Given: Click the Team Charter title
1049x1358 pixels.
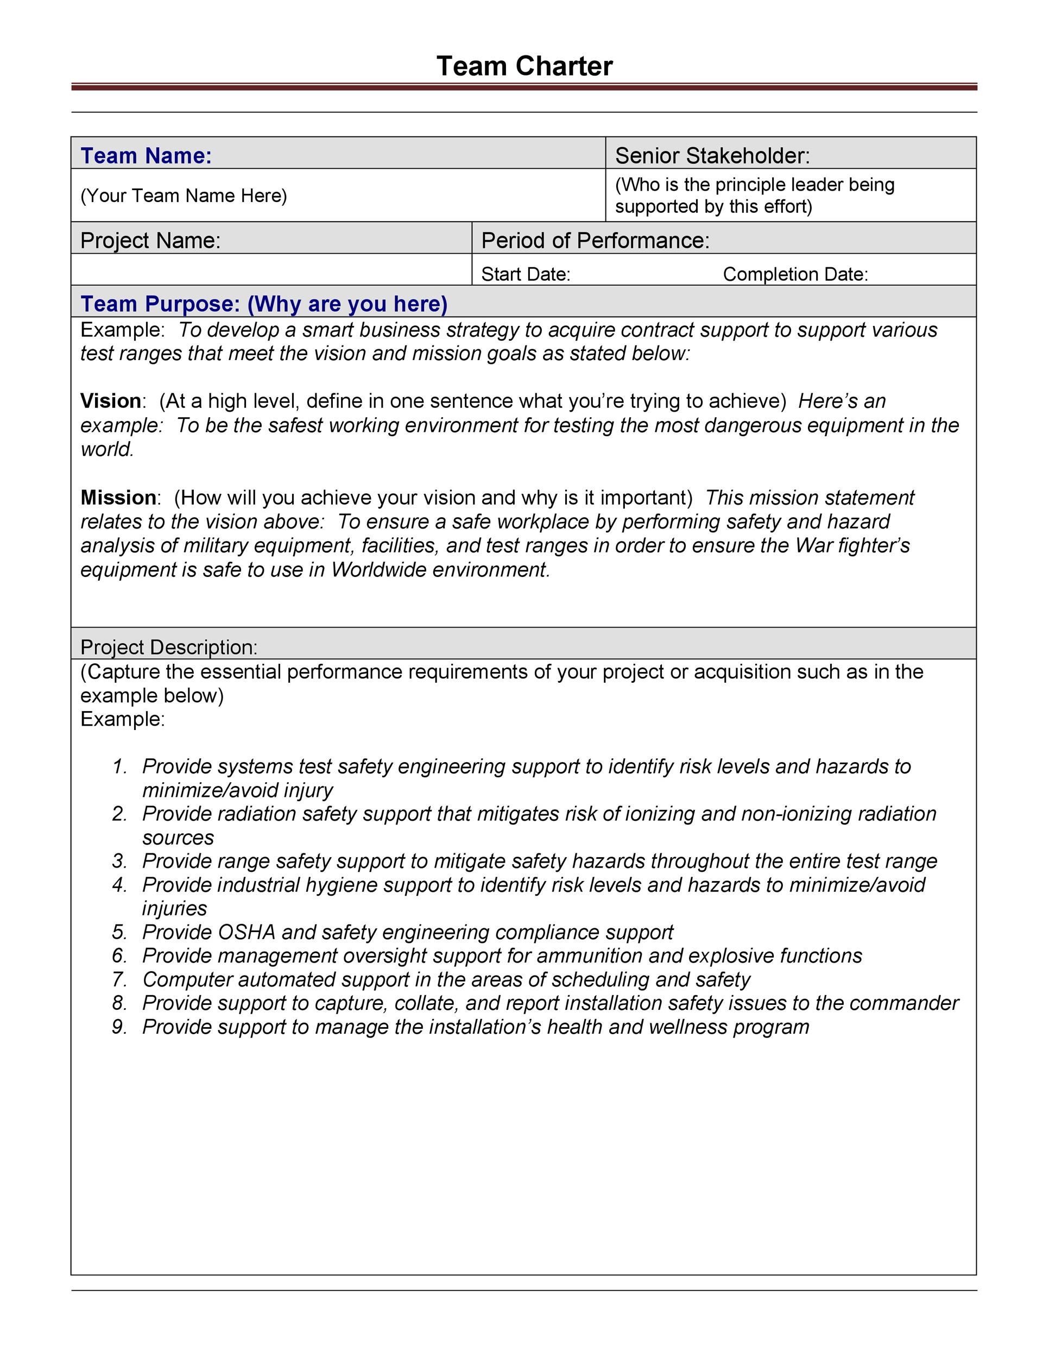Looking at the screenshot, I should click(524, 66).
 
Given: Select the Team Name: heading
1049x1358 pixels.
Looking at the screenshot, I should click(146, 155).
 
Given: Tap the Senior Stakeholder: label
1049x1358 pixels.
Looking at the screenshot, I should click(712, 155).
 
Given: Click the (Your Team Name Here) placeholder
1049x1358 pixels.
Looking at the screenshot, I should click(184, 196).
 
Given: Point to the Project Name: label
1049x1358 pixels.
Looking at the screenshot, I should click(150, 241).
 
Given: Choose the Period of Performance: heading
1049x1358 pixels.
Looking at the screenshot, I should click(595, 241).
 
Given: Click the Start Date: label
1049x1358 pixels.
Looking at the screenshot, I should click(525, 274).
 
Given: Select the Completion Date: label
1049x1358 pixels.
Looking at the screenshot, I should click(795, 274).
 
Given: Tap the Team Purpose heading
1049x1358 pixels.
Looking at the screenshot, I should click(264, 304).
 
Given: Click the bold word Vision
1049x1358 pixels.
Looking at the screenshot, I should click(111, 401).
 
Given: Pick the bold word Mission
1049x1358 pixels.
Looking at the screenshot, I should click(118, 498).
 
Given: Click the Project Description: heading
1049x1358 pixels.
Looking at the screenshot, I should click(168, 647).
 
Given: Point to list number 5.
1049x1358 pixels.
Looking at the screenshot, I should click(119, 932).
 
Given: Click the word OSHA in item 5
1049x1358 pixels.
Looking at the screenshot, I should click(247, 932).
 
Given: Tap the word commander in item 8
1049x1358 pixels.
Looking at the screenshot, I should click(903, 1003).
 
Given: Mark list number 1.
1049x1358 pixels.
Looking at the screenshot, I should click(119, 766).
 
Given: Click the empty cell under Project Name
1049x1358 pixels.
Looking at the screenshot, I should click(271, 270).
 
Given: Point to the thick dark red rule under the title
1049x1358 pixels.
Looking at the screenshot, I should click(524, 87).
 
